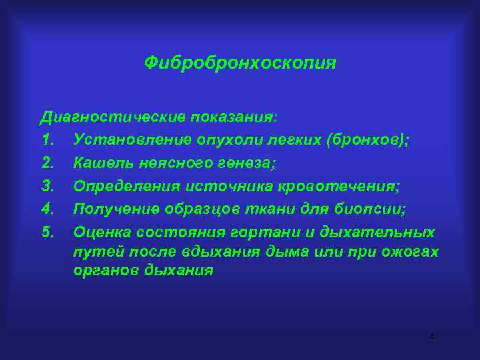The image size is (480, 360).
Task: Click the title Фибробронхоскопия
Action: coord(240,63)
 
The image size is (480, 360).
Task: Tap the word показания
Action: coord(233,117)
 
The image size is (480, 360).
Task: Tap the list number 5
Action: coord(47,232)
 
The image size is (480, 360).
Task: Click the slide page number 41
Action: coord(433,337)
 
